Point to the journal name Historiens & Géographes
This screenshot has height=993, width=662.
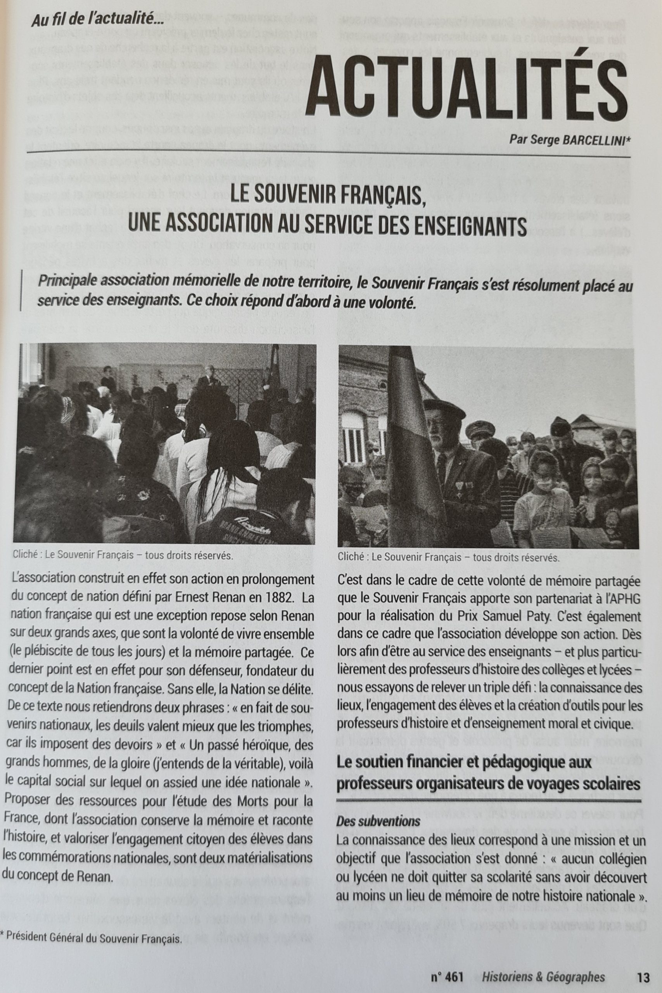tap(543, 977)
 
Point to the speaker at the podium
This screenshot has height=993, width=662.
tap(208, 376)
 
